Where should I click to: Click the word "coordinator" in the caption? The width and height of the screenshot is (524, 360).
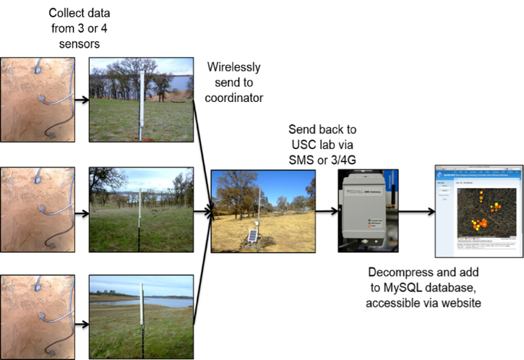(233, 99)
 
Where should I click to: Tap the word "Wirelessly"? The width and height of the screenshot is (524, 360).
(233, 67)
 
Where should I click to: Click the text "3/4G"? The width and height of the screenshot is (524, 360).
(338, 160)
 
